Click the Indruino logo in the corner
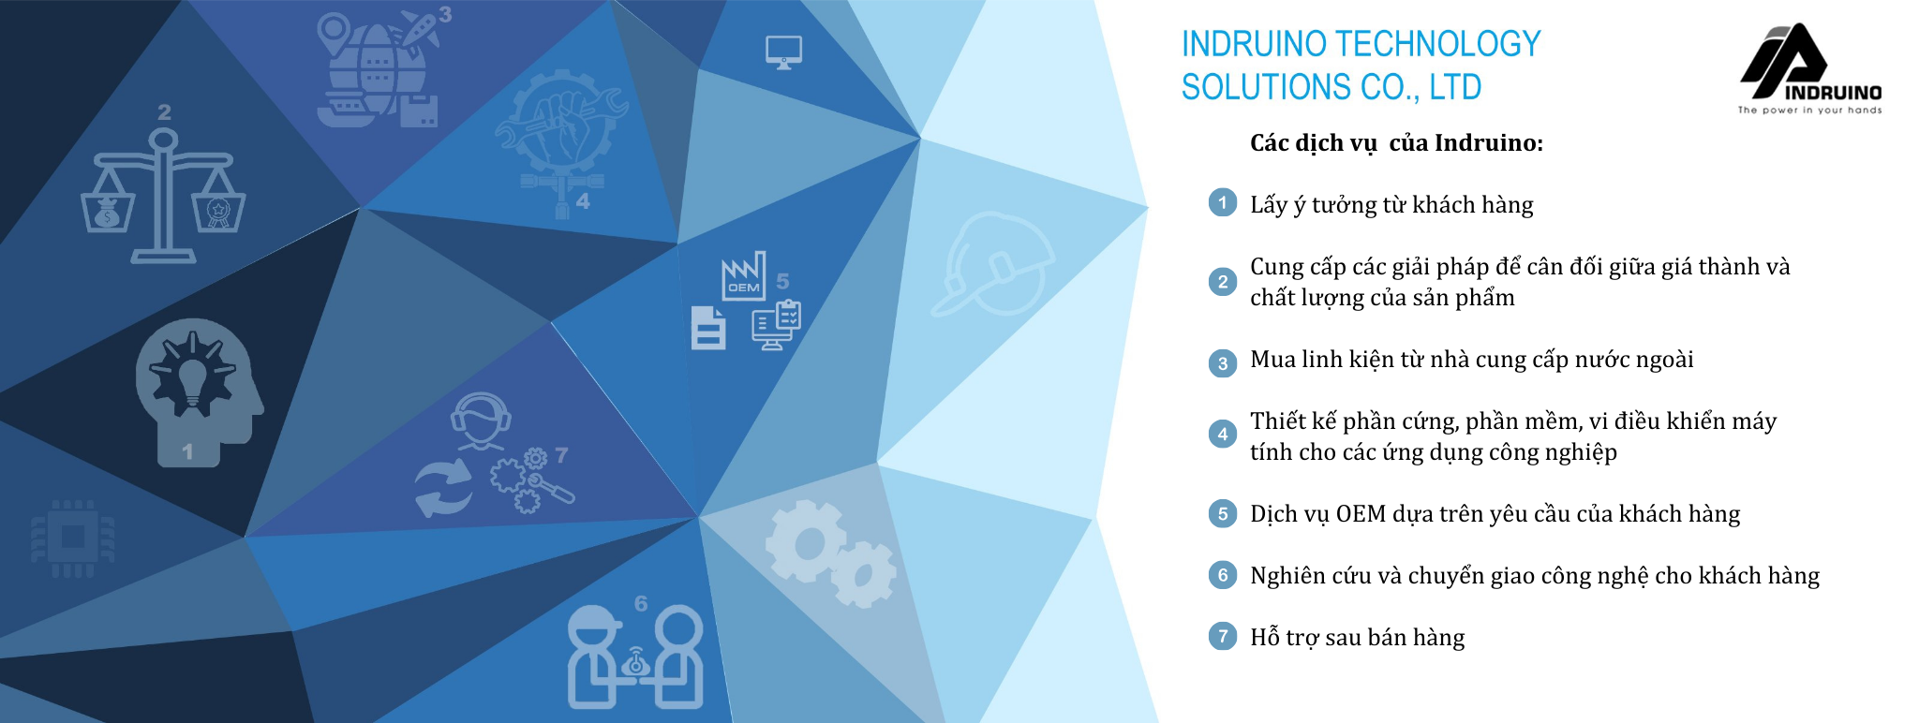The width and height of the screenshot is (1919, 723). coord(1809,68)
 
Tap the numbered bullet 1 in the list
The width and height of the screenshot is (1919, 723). coord(1222,202)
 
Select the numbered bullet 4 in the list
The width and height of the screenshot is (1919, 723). coord(1222,434)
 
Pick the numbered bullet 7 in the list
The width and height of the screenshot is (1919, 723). coord(1222,636)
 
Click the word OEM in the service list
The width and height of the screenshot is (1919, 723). coord(1361,514)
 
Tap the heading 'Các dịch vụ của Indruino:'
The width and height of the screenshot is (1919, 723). coord(1396,143)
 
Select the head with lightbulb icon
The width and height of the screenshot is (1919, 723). coord(198,391)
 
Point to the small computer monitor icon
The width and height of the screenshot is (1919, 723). coord(783,52)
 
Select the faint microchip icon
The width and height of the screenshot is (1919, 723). coord(73,538)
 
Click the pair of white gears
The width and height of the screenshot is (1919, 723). coord(830,553)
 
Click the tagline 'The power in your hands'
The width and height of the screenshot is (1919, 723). coord(1809,111)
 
